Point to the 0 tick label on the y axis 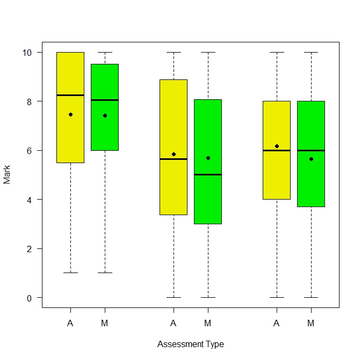point(30,298)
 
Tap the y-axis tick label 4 point(30,200)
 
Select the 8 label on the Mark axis point(30,101)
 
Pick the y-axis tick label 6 point(30,150)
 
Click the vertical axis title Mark point(7,175)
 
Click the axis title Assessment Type point(190,344)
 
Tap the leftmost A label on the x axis point(70,323)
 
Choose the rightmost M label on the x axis point(311,323)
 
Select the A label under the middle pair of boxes point(174,323)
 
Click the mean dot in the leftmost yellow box point(70,114)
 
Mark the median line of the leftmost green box point(105,100)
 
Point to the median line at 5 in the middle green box point(208,174)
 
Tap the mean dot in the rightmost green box point(311,159)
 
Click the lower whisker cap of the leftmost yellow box point(70,273)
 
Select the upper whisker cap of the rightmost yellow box point(277,52)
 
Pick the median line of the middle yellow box point(174,159)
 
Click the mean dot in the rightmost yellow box point(277,146)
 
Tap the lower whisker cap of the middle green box point(208,297)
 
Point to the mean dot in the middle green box point(208,158)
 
